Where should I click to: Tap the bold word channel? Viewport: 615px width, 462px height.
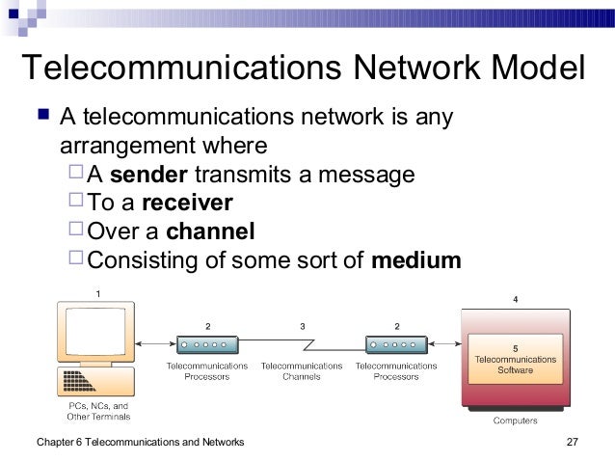tap(210, 232)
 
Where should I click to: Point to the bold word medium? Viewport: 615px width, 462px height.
tap(416, 260)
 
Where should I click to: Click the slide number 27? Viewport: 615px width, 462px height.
tap(575, 442)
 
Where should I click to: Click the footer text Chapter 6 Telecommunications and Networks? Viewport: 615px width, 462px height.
tap(139, 442)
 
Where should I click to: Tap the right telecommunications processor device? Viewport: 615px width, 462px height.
tap(395, 343)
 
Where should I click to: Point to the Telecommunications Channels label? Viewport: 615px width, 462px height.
tap(302, 371)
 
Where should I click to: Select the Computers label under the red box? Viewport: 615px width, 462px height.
tap(516, 421)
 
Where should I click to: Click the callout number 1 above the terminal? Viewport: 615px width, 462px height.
tap(96, 291)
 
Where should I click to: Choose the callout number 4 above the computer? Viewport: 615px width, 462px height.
tap(515, 300)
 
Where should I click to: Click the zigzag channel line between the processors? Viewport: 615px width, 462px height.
tap(302, 343)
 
